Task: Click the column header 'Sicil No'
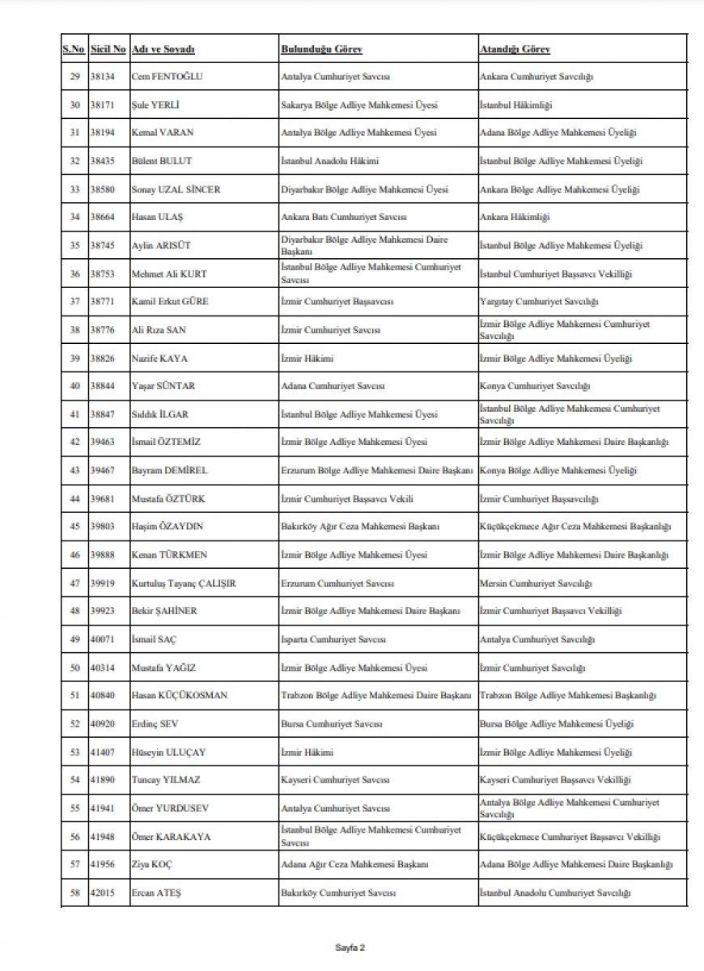pyautogui.click(x=108, y=49)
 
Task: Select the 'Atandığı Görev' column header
pyautogui.click(x=515, y=49)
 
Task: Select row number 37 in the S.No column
pyautogui.click(x=74, y=302)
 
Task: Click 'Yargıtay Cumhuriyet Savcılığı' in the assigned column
pyautogui.click(x=539, y=302)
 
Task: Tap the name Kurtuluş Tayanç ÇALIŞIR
pyautogui.click(x=184, y=583)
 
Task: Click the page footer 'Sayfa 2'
pyautogui.click(x=351, y=947)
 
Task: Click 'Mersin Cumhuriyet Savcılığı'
pyautogui.click(x=536, y=583)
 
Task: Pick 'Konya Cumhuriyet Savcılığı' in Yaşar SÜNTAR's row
pyautogui.click(x=535, y=386)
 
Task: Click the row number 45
pyautogui.click(x=74, y=527)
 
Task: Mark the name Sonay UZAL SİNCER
pyautogui.click(x=176, y=189)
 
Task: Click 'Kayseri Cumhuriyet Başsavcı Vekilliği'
pyautogui.click(x=555, y=780)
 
